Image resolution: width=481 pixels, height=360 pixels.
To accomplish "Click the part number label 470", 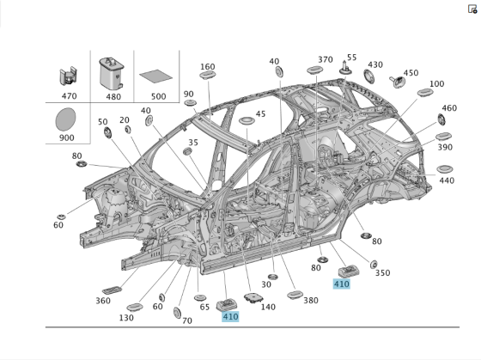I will pos(70,97).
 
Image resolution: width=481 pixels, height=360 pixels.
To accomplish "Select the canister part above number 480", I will pos(113,71).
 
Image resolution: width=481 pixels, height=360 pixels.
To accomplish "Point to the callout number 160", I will pos(208,66).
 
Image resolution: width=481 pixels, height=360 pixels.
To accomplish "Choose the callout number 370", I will pos(325,59).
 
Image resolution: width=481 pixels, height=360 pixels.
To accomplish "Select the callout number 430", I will pos(375,64).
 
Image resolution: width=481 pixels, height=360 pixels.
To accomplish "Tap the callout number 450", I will pos(411,73).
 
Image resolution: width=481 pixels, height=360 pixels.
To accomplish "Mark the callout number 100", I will pos(436,83).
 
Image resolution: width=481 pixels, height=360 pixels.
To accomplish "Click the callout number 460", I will pos(449,108).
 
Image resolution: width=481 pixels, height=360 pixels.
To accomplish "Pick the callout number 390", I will pos(445,147).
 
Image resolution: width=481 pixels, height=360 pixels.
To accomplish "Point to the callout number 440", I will pos(447,180).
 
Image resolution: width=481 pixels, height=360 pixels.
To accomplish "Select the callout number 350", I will pos(382,272).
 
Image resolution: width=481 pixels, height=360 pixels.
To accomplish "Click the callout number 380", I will pos(310,301).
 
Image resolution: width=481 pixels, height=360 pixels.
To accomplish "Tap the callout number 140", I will pos(268,306).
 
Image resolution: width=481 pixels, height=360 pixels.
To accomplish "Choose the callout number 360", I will pos(103,301).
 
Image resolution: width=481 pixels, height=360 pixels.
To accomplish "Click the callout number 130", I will pos(126,318).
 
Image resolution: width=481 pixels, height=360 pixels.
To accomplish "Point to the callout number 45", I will pos(260,114).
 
